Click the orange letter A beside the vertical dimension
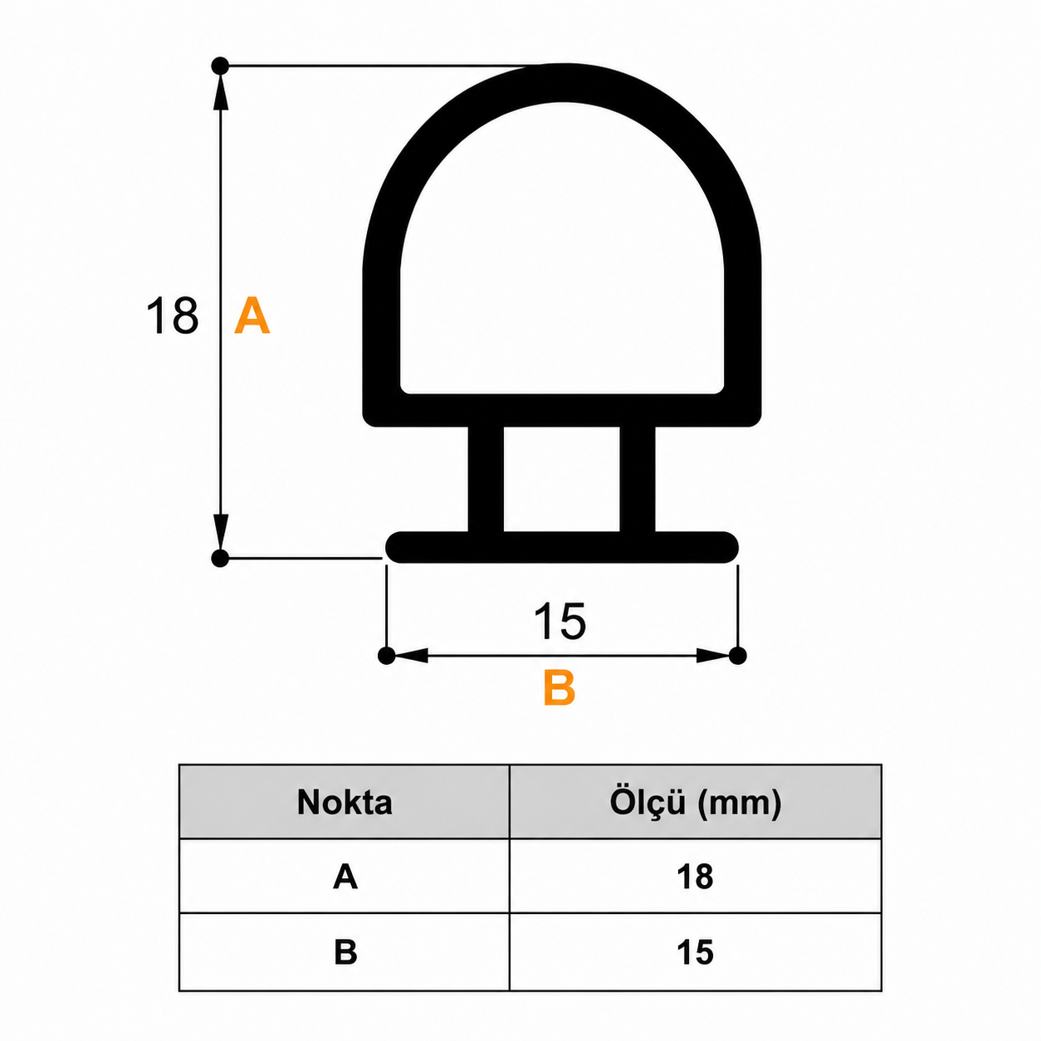pos(252,315)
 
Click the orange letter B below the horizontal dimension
pos(560,687)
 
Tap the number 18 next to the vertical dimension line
pos(173,315)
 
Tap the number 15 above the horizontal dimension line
pos(560,621)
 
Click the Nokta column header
pos(345,802)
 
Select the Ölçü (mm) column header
pos(696,802)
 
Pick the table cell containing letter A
pos(345,876)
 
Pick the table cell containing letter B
pos(345,952)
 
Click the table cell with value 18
pos(696,876)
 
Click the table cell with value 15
pos(696,952)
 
